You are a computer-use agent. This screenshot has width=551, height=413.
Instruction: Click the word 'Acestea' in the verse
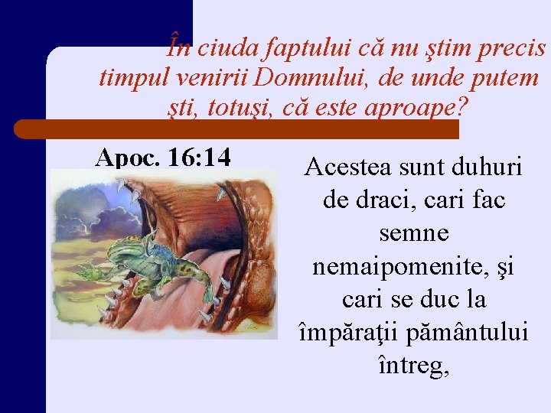tap(350, 167)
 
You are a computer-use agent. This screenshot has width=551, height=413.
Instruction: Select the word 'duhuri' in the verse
tap(491, 167)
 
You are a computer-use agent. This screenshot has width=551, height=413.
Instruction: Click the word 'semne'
tap(413, 233)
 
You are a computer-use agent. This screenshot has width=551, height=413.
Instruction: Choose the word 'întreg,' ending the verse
tap(413, 366)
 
